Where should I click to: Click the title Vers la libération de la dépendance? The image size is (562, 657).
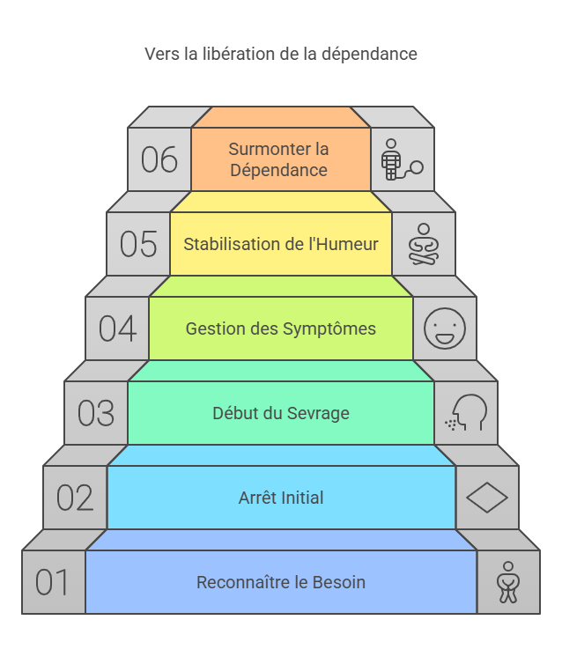[x=280, y=55]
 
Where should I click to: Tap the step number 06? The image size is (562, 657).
[x=159, y=160]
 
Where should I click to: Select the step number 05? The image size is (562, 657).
[x=138, y=244]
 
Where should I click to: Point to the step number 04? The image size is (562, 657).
[x=117, y=328]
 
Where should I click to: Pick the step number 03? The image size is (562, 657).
[x=96, y=413]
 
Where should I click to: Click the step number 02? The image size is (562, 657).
[x=75, y=498]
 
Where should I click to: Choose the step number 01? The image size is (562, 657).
[x=53, y=582]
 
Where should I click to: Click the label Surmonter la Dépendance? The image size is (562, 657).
[x=279, y=159]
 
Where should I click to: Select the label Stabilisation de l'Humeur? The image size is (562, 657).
[x=281, y=244]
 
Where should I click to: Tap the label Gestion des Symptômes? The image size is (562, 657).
[x=281, y=328]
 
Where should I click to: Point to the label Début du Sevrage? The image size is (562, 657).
[x=281, y=413]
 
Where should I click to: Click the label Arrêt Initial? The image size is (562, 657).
[x=281, y=498]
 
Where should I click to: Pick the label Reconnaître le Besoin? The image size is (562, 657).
[x=281, y=582]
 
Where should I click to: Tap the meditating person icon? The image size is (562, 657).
[x=423, y=244]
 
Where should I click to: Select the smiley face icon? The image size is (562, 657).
[x=444, y=328]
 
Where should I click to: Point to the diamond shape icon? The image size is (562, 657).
[x=486, y=498]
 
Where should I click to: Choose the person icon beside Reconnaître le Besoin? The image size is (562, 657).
[x=507, y=582]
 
